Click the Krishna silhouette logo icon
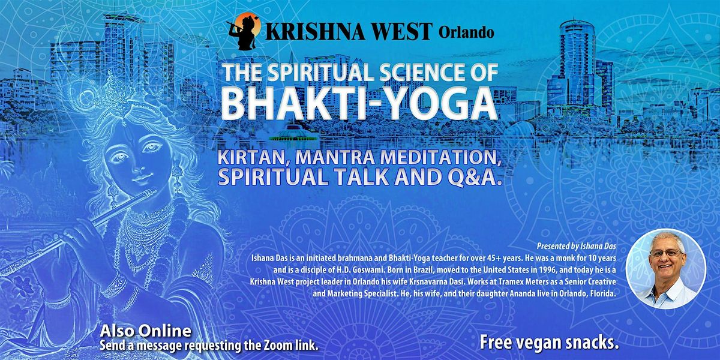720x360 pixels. tap(243, 31)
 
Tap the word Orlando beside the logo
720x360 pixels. tap(466, 33)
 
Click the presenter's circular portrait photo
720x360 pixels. tap(665, 269)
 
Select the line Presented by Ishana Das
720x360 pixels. tap(577, 246)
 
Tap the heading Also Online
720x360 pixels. tap(146, 331)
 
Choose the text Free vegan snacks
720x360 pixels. tap(549, 343)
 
